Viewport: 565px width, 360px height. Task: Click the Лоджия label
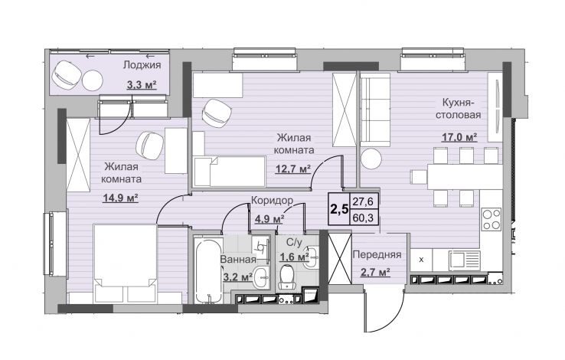(x=142, y=65)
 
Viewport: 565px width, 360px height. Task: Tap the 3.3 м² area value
(x=142, y=86)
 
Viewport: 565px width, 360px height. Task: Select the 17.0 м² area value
(x=460, y=137)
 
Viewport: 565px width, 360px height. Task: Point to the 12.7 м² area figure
(x=293, y=169)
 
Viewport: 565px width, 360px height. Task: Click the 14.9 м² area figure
(x=121, y=198)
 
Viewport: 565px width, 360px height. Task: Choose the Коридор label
(x=272, y=201)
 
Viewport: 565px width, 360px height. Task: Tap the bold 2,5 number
(x=339, y=209)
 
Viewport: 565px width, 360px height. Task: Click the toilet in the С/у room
(x=287, y=277)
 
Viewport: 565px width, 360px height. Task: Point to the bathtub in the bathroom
(x=208, y=270)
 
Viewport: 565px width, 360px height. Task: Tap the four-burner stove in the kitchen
(x=492, y=219)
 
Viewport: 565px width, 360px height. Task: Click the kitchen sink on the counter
(x=464, y=261)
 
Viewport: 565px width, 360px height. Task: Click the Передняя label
(x=377, y=254)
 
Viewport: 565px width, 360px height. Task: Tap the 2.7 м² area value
(x=376, y=272)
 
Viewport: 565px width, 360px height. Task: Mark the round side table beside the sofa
(x=371, y=159)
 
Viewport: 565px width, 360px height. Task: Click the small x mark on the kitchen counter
(x=421, y=260)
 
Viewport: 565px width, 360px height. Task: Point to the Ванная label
(x=238, y=260)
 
